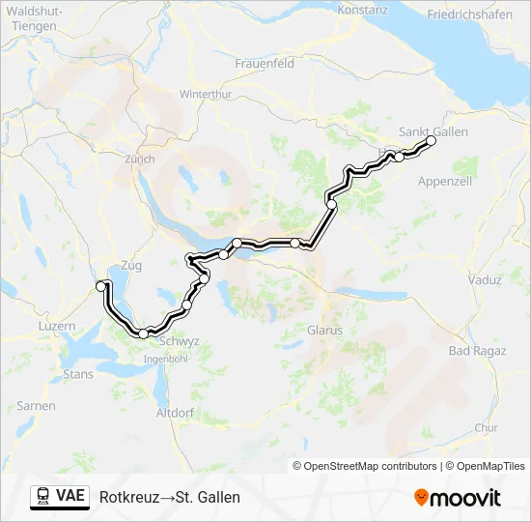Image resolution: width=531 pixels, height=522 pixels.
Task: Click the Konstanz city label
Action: coord(363,10)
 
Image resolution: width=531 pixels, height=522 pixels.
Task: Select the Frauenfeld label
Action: coord(264,63)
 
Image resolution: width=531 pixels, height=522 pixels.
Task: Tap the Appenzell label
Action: coord(444,181)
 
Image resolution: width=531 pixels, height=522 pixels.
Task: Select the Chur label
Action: coord(487,426)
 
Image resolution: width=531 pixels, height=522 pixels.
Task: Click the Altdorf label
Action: coord(175,413)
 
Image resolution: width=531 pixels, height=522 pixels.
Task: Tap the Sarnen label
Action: coord(37,406)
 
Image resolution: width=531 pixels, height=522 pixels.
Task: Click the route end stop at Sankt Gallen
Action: coord(431,141)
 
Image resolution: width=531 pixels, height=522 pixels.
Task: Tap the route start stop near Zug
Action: coord(100,286)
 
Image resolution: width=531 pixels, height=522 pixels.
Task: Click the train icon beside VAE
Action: coord(43,496)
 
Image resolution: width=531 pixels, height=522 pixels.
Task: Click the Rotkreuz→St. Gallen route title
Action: coord(170,497)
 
